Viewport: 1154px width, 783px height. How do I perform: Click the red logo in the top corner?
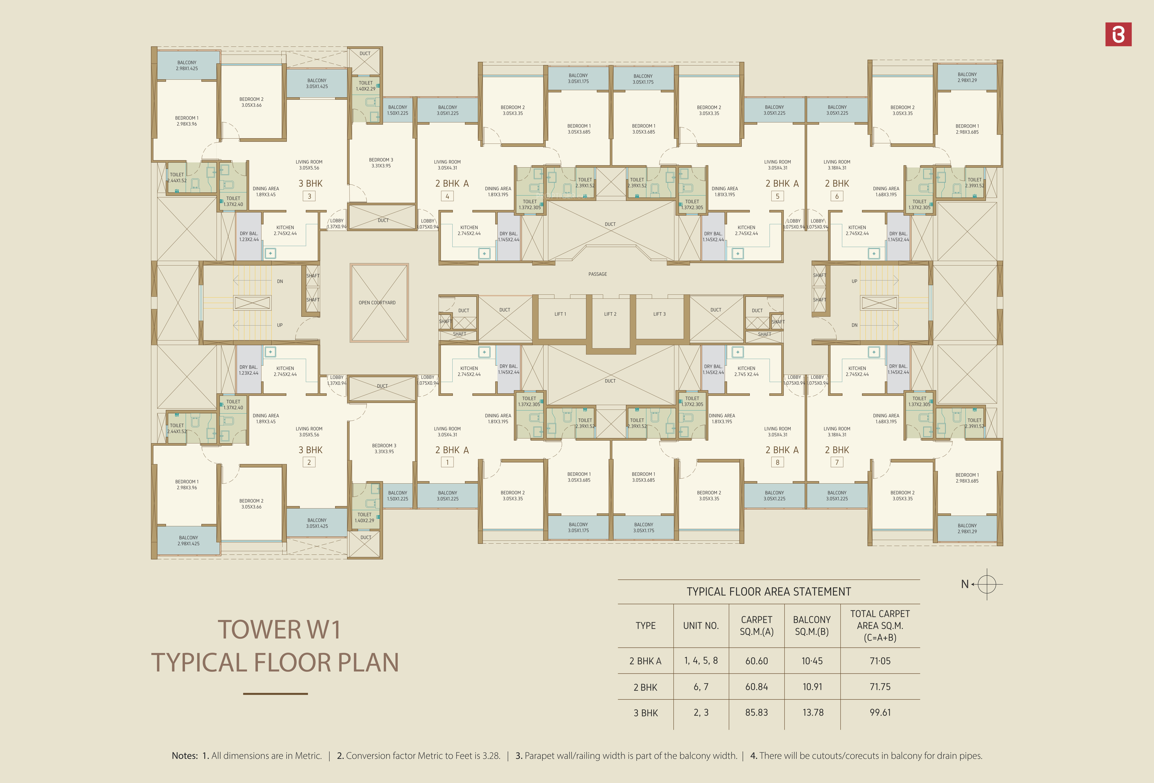click(x=1118, y=34)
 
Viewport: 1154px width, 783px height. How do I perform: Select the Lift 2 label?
click(x=610, y=314)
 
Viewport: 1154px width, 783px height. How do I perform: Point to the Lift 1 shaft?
click(x=560, y=317)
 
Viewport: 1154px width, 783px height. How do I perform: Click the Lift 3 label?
click(x=659, y=314)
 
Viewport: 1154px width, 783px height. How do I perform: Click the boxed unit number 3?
click(x=309, y=196)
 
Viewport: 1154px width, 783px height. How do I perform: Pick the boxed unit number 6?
click(x=837, y=196)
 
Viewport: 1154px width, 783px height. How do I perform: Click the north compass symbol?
click(x=986, y=584)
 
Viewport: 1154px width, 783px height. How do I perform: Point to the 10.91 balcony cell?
click(x=812, y=687)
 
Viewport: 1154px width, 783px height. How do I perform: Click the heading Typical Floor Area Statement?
click(x=769, y=592)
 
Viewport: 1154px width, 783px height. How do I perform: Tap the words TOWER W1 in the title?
click(x=279, y=630)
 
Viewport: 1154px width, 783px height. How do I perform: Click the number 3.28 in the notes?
click(x=490, y=756)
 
